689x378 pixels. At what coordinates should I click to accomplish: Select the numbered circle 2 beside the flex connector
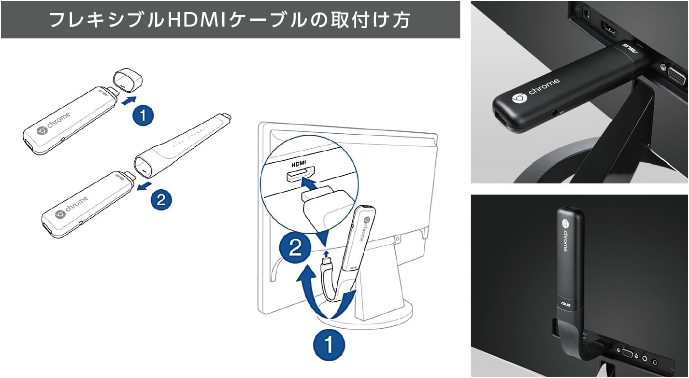click(161, 199)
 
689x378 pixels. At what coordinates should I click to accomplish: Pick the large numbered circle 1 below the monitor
click(329, 345)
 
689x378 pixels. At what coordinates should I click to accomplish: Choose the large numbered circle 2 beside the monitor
click(296, 249)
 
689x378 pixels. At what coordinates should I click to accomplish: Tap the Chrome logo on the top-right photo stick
click(519, 98)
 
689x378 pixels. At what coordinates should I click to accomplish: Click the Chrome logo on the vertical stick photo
click(564, 224)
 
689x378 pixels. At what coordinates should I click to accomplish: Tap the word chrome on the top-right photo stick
click(543, 87)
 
